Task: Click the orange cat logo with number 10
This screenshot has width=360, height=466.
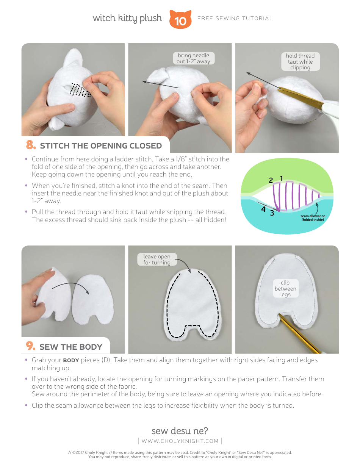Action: (x=180, y=19)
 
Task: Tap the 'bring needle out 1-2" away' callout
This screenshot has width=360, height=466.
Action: (x=193, y=58)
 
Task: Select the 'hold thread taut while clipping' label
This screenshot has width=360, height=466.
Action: (x=300, y=61)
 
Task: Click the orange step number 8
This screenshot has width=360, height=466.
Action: (x=31, y=145)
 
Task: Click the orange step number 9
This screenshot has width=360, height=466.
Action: (x=31, y=346)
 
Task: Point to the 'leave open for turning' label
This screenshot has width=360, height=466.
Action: (x=157, y=260)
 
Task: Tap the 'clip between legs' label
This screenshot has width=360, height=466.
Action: (x=285, y=288)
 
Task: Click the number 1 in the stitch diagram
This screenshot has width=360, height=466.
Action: (x=281, y=178)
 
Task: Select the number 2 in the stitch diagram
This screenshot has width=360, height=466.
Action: (x=271, y=180)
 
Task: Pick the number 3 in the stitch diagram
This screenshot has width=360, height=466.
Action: (x=272, y=213)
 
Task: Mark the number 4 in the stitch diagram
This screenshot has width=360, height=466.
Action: (x=263, y=209)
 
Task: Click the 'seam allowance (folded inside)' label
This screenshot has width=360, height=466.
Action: (x=313, y=218)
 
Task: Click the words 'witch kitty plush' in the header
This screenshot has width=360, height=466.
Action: (x=127, y=19)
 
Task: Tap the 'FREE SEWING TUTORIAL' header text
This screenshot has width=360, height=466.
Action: (x=235, y=19)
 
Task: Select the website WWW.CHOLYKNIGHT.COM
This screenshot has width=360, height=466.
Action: (x=180, y=441)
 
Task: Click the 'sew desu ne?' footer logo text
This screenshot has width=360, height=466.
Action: (x=180, y=431)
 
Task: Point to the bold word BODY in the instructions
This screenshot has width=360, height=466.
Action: (x=71, y=361)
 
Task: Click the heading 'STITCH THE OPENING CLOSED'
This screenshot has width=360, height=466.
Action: (x=101, y=146)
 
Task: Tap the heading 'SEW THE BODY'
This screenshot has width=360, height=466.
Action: (x=71, y=347)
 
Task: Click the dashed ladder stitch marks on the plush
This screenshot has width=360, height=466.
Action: (x=80, y=90)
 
